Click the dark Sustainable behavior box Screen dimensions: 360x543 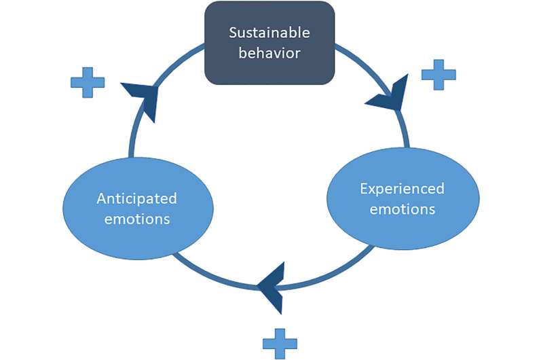(x=269, y=42)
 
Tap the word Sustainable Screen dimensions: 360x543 (x=269, y=33)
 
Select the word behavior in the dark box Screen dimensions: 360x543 (x=269, y=53)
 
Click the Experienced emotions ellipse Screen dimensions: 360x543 (x=402, y=198)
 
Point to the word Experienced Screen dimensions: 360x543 (x=402, y=188)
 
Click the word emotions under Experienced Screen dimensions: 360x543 (x=402, y=209)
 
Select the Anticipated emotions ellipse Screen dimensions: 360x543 (x=138, y=209)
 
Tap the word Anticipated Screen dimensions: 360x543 (x=136, y=198)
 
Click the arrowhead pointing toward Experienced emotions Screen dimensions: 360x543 (x=390, y=99)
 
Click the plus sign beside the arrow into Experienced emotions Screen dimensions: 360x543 (x=438, y=75)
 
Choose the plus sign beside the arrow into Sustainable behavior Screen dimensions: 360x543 (x=88, y=82)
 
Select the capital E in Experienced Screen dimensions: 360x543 (x=364, y=188)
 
